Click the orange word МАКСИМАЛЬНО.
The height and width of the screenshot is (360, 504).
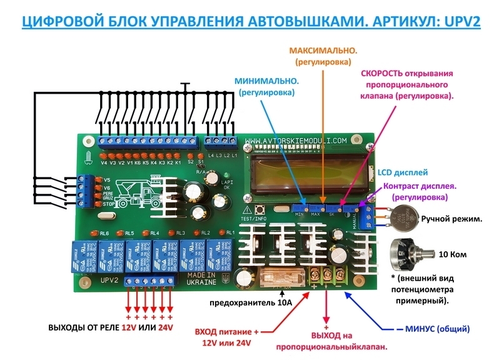pyautogui.click(x=323, y=49)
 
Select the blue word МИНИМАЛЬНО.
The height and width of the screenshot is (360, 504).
pyautogui.click(x=266, y=81)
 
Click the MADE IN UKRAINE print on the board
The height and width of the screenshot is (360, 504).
pyautogui.click(x=201, y=279)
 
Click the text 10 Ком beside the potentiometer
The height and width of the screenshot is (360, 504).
pyautogui.click(x=453, y=255)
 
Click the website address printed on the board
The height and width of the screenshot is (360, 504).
pyautogui.click(x=296, y=141)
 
